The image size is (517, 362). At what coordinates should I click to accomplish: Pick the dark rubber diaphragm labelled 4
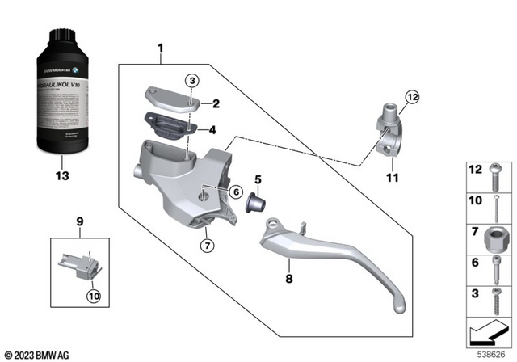tap(170, 126)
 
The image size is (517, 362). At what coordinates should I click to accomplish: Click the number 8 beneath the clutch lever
tap(287, 279)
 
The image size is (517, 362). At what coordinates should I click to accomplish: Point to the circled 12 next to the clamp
tap(413, 99)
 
